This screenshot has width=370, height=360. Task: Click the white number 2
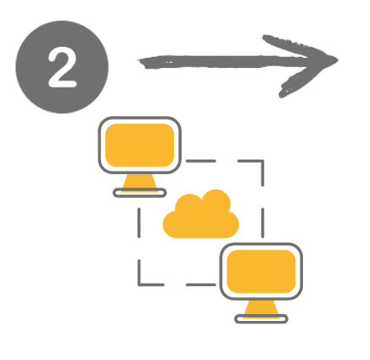[x=62, y=67]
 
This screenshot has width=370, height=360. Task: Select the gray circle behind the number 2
[x=62, y=67]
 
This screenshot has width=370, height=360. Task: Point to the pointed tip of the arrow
[x=337, y=59]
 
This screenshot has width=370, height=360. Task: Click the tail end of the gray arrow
[x=139, y=61]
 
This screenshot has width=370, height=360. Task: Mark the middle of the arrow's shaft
[x=227, y=62]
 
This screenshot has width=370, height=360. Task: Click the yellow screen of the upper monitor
[x=139, y=145]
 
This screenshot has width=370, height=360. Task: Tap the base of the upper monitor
[x=140, y=193]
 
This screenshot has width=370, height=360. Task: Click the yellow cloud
[x=201, y=216]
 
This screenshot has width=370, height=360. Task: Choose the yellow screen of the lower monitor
[x=261, y=271]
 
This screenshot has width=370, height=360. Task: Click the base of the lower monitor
[x=261, y=319]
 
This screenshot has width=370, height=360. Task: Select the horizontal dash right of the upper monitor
[x=201, y=161]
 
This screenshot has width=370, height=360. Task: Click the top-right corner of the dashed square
[x=263, y=161]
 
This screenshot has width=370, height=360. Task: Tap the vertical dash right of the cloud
[x=263, y=222]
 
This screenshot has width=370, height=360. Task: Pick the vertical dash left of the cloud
[x=139, y=222]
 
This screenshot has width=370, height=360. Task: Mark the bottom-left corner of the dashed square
[x=139, y=284]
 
